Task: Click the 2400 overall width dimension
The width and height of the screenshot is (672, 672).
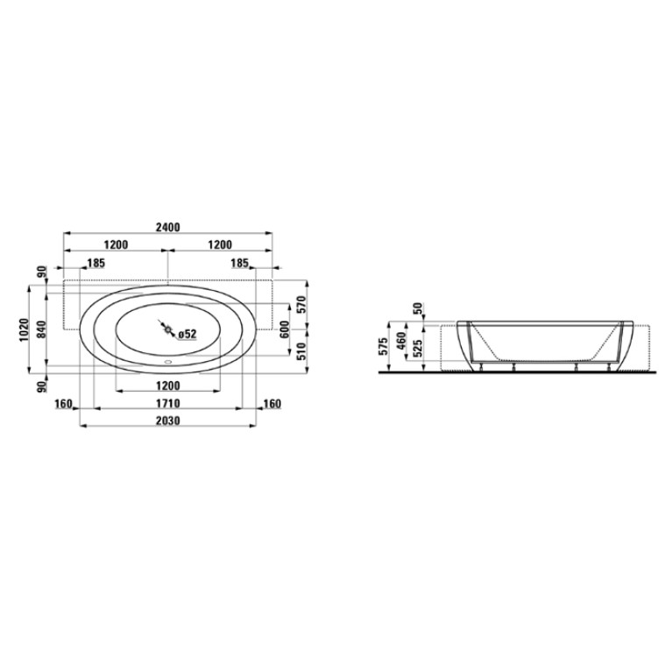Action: tap(167, 227)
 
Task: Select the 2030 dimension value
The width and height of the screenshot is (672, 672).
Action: tap(167, 421)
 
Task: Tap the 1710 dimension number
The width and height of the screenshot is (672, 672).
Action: tap(167, 404)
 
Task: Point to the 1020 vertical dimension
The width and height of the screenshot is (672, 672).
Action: tap(24, 329)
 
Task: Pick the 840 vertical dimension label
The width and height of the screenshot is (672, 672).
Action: tap(40, 329)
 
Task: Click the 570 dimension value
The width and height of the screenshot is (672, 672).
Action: tap(302, 305)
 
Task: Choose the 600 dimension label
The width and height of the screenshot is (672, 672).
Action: tap(285, 329)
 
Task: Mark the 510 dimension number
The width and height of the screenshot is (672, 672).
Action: tap(302, 351)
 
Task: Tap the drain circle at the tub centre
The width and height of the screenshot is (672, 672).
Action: tap(167, 329)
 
